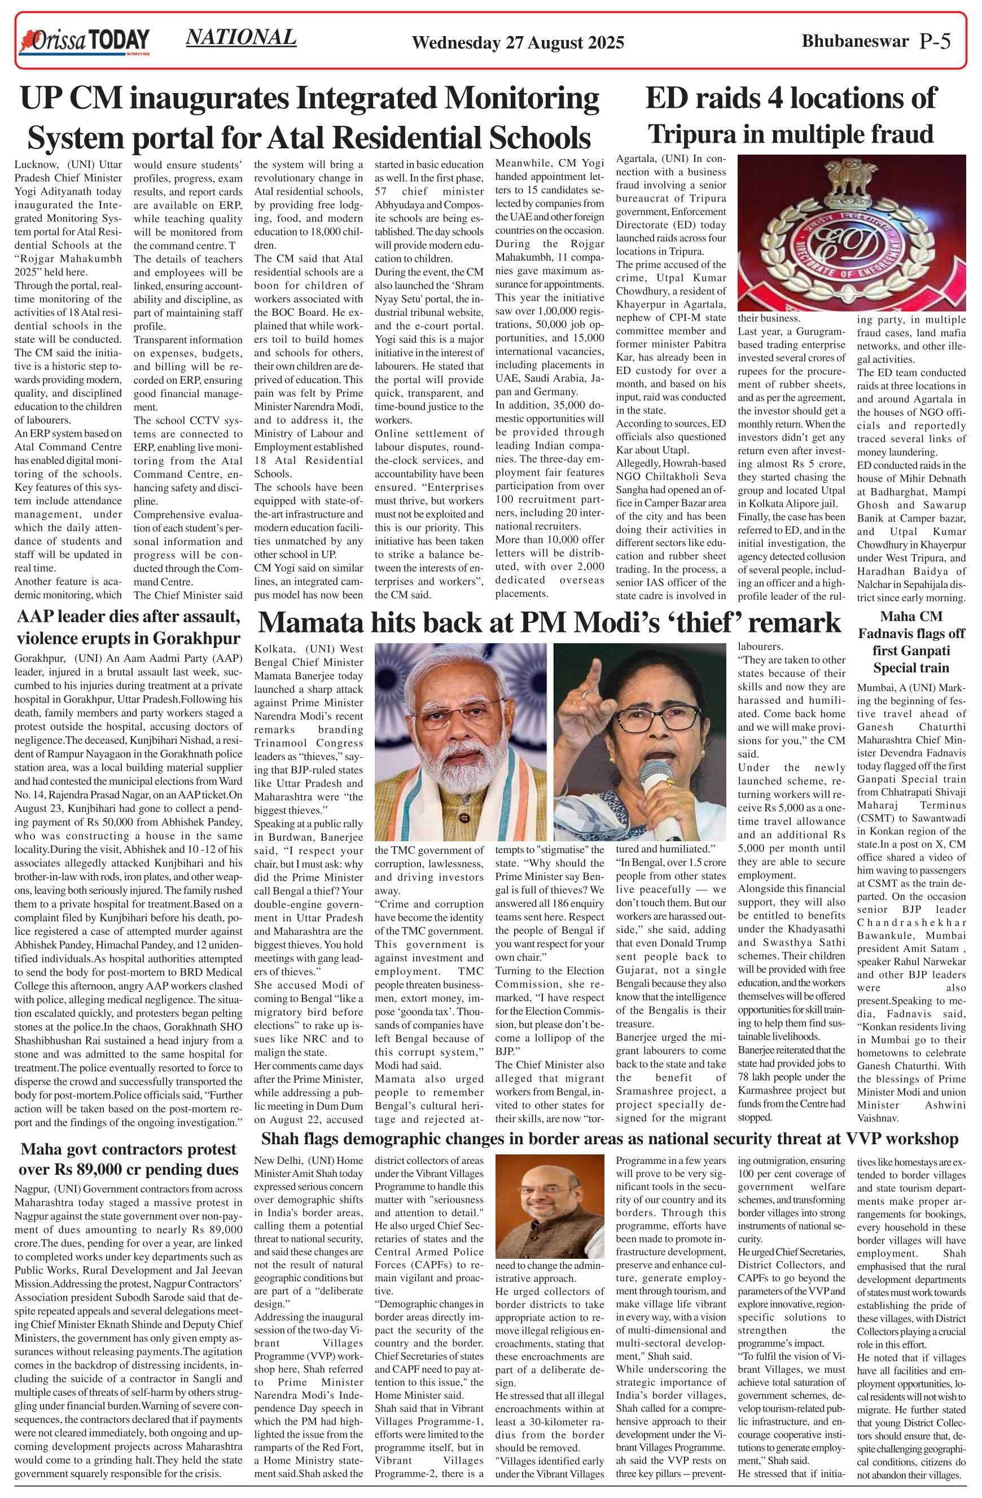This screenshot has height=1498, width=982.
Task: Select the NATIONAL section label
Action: click(x=241, y=38)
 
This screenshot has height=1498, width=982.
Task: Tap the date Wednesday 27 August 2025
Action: click(x=518, y=43)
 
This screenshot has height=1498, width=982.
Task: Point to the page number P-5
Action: click(x=935, y=42)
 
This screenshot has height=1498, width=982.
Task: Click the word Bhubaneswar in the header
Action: click(x=855, y=42)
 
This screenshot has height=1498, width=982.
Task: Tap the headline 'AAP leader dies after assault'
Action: click(x=129, y=617)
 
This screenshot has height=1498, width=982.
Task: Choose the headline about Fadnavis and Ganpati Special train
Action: click(x=911, y=642)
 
